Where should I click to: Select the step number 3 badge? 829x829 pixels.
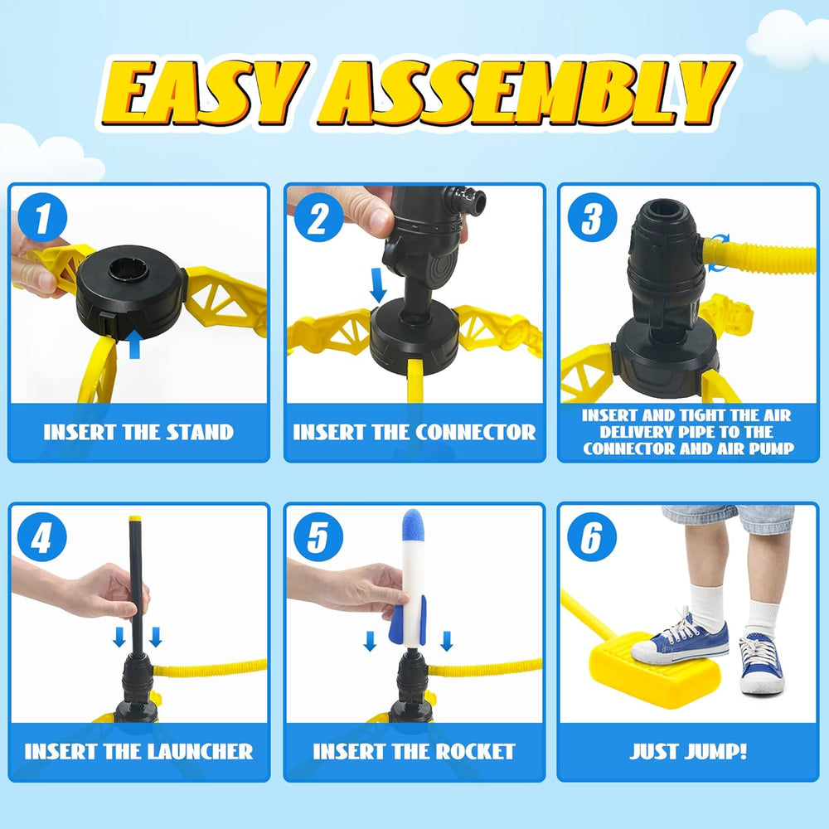pyautogui.click(x=592, y=220)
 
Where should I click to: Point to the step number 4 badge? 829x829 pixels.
pyautogui.click(x=41, y=538)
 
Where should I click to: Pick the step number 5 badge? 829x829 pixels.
pyautogui.click(x=318, y=538)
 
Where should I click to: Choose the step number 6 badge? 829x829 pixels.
pyautogui.click(x=592, y=538)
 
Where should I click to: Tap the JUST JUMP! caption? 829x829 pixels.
pyautogui.click(x=688, y=752)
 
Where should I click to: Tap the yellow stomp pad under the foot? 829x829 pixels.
pyautogui.click(x=655, y=671)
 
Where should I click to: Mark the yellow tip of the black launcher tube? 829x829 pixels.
pyautogui.click(x=135, y=520)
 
